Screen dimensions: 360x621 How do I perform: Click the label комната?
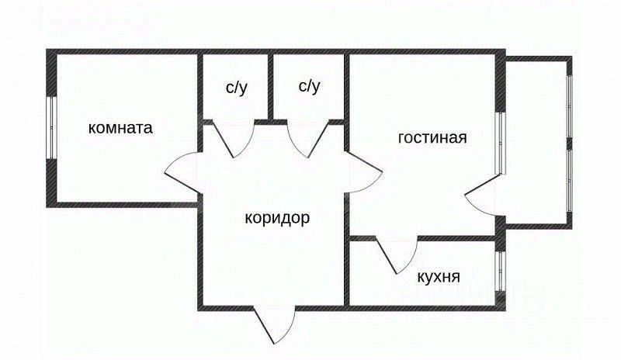click(120, 128)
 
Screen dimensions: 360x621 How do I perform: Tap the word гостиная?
click(432, 138)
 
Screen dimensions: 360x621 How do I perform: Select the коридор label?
click(277, 218)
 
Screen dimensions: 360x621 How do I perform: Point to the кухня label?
click(439, 277)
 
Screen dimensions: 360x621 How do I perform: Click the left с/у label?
click(236, 86)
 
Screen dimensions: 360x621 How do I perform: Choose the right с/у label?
click(309, 86)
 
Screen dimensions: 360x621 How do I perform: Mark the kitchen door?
click(397, 254)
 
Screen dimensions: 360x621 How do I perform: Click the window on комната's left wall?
click(51, 128)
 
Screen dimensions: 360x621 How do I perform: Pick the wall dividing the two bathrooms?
click(271, 87)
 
